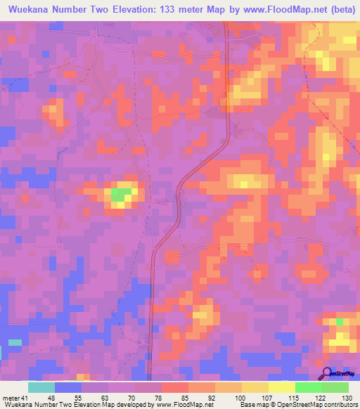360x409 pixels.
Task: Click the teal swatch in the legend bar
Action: click(41, 387)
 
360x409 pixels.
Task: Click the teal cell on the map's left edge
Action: click(14, 342)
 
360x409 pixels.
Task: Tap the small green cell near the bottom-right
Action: click(340, 321)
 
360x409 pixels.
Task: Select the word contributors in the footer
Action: click(337, 405)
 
